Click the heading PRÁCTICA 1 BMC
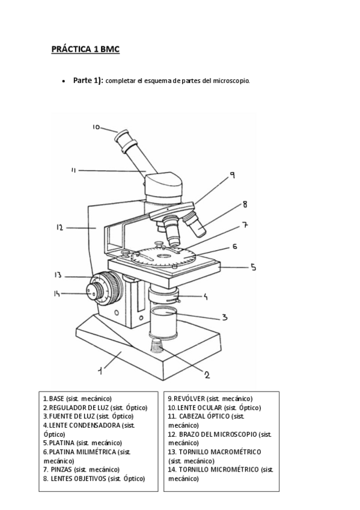coord(85,49)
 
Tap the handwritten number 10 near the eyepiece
coord(96,127)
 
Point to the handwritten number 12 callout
coord(59,227)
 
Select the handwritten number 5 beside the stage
coord(254,267)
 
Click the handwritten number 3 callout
coord(225,317)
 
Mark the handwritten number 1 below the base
coord(101,370)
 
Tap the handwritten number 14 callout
coord(57,293)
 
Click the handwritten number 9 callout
coord(233,176)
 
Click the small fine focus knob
coord(94,291)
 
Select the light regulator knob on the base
coord(157,345)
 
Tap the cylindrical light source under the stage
coord(163,322)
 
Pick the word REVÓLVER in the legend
coord(189,398)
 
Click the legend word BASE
coord(56,398)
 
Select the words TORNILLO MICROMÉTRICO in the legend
coord(219,469)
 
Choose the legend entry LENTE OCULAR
coord(200,408)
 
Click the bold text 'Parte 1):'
coord(88,81)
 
